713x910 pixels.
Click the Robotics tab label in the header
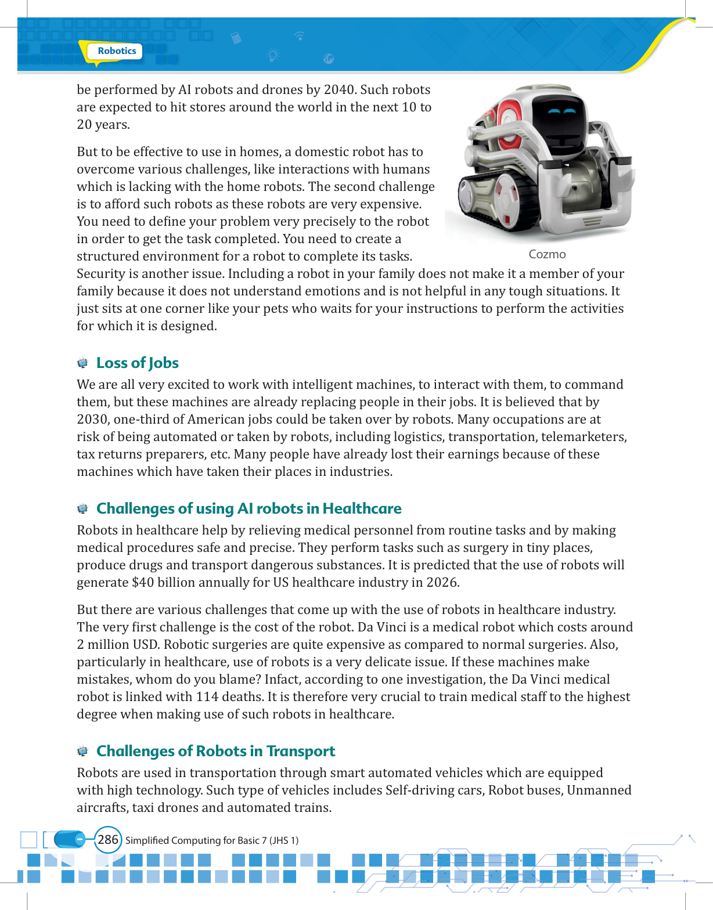[x=117, y=51]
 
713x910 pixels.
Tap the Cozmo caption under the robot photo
[x=547, y=254]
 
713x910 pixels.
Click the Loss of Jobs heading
[x=137, y=363]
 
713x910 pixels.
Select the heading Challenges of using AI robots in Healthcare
[x=249, y=508]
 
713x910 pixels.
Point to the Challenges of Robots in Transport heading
[x=215, y=751]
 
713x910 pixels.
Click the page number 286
[x=108, y=840]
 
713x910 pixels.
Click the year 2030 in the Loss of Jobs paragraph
[x=93, y=420]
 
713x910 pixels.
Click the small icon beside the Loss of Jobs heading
[x=83, y=363]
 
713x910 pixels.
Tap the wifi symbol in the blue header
[x=300, y=36]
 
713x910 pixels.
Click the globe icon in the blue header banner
[x=329, y=59]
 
